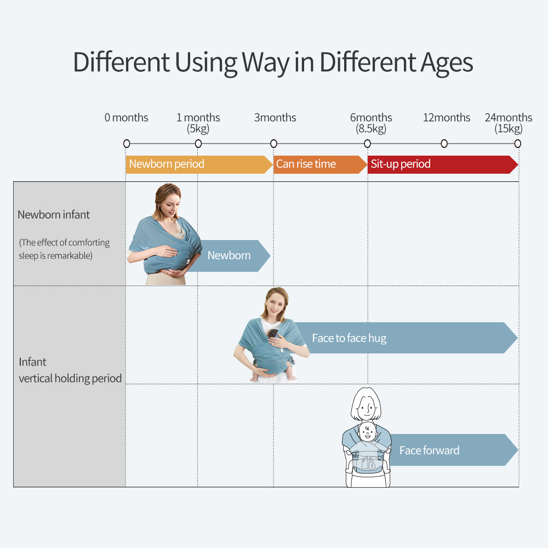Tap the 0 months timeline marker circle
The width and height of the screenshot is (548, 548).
coord(127,144)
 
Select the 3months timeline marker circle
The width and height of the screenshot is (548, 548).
coord(273,144)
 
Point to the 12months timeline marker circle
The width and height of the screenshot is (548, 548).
coord(444,144)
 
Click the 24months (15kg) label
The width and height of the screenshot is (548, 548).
coord(508,123)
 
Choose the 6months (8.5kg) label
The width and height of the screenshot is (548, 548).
coord(371,123)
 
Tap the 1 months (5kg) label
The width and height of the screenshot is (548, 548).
coord(198,123)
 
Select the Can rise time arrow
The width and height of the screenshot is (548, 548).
coord(320,164)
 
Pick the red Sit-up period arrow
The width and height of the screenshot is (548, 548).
coord(443,164)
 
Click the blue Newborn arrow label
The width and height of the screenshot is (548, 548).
coord(229,255)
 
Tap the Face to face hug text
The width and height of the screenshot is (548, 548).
coord(349,338)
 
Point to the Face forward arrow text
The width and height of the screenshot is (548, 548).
coord(429,450)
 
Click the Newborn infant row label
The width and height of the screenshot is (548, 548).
coord(54,215)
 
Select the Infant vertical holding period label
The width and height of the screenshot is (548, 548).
coord(70,370)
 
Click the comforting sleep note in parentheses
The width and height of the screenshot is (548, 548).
coord(64,249)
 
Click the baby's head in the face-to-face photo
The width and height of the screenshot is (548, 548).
coord(272,334)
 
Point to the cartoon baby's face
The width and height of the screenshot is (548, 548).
coord(367,432)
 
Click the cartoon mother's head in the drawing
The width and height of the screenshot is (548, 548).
coord(366,404)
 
